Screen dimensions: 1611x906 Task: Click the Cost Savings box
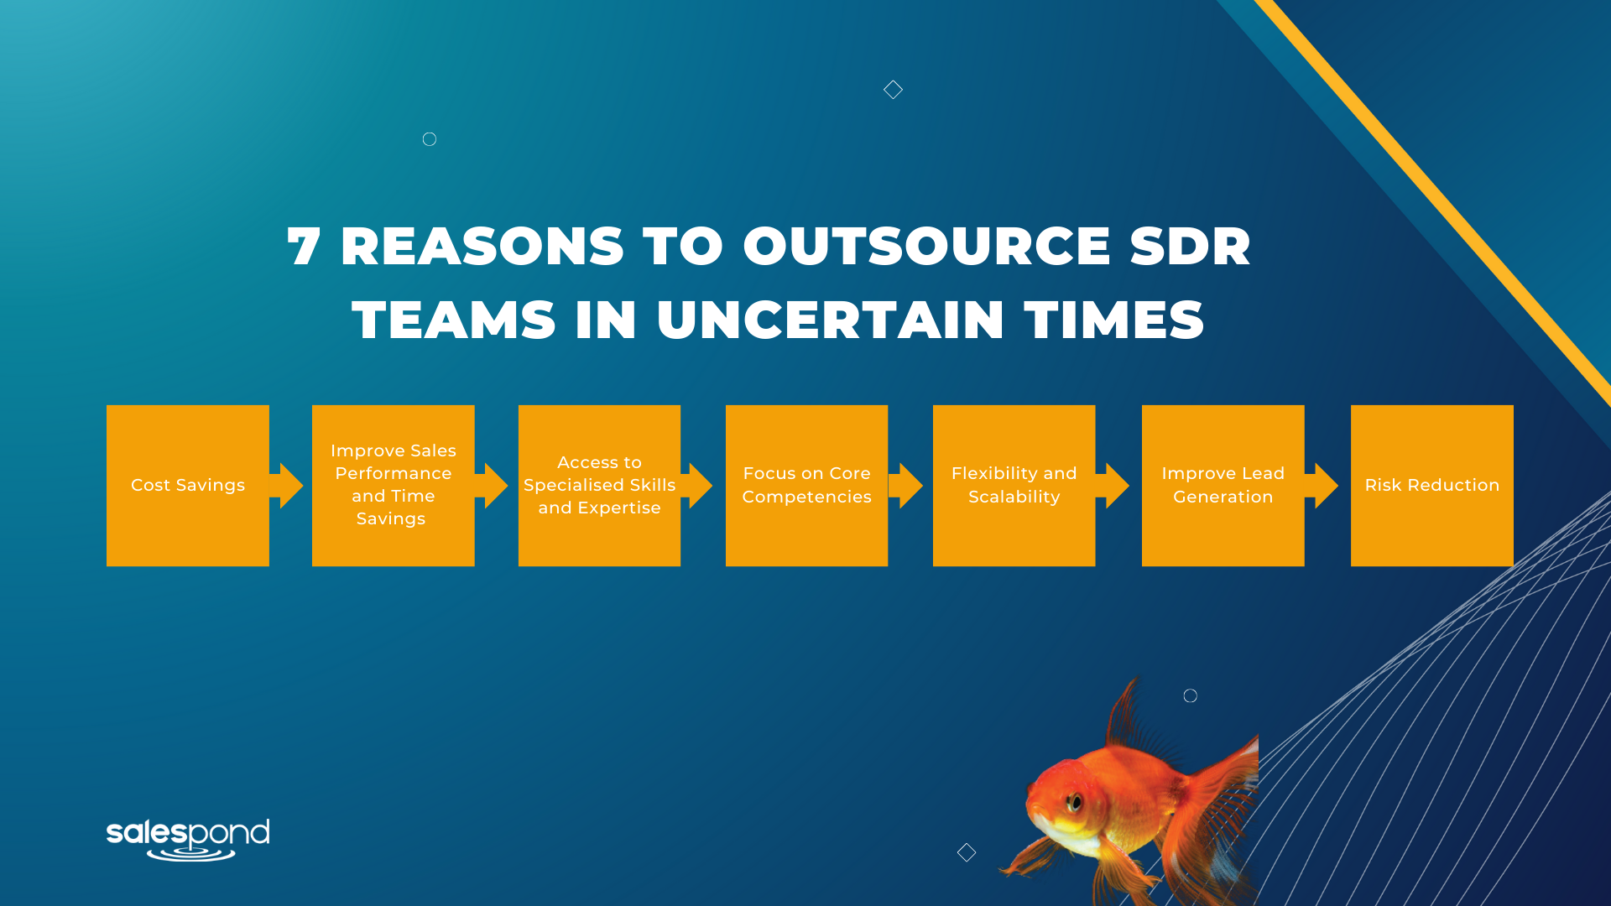pyautogui.click(x=188, y=486)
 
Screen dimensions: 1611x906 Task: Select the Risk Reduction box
pyautogui.click(x=1431, y=486)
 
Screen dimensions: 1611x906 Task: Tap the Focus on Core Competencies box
pyautogui.click(x=806, y=486)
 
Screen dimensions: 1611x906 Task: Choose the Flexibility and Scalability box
pyautogui.click(x=1014, y=486)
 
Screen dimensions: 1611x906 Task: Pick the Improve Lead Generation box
pyautogui.click(x=1223, y=486)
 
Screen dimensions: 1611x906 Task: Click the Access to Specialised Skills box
pyautogui.click(x=599, y=486)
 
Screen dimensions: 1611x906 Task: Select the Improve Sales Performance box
pyautogui.click(x=393, y=486)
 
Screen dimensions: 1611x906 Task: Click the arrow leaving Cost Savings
pyautogui.click(x=286, y=486)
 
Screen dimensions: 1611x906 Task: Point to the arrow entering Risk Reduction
pyautogui.click(x=1322, y=486)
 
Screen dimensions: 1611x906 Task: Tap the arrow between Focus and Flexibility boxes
pyautogui.click(x=905, y=486)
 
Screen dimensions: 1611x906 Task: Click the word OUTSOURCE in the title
pyautogui.click(x=926, y=247)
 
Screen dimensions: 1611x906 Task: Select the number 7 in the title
pyautogui.click(x=304, y=247)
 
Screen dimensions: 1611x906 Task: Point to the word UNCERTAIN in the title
pyautogui.click(x=830, y=320)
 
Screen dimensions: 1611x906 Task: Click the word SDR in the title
pyautogui.click(x=1190, y=247)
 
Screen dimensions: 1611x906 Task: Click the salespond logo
pyautogui.click(x=188, y=840)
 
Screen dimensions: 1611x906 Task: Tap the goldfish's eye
pyautogui.click(x=1073, y=802)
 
